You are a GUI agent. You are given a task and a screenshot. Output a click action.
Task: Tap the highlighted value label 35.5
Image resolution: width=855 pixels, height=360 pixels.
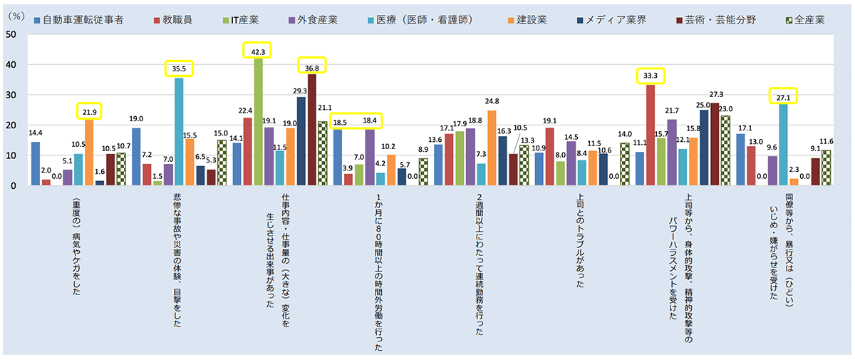click(x=179, y=69)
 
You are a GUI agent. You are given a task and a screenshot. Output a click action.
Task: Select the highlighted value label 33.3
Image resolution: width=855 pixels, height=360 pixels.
click(x=650, y=76)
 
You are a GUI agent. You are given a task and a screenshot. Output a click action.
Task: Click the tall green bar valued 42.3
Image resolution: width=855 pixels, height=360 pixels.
click(x=259, y=121)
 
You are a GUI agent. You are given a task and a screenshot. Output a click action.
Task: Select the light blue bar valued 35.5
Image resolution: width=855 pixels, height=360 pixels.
click(x=179, y=132)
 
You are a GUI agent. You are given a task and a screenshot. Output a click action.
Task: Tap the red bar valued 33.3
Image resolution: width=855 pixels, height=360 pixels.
click(x=651, y=135)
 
